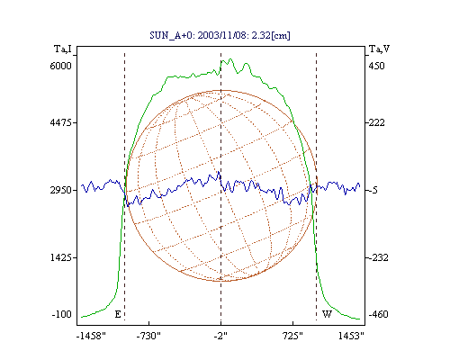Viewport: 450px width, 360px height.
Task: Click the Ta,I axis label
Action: click(x=63, y=49)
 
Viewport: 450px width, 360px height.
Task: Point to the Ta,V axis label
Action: click(x=379, y=49)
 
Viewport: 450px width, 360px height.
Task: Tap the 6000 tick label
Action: click(x=61, y=66)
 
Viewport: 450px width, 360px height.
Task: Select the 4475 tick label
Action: click(x=61, y=122)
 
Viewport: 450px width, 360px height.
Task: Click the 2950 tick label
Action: click(x=61, y=190)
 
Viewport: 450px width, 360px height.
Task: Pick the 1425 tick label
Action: click(x=61, y=257)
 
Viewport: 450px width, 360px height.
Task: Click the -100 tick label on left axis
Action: click(x=62, y=314)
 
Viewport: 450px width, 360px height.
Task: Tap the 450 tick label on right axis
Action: click(x=376, y=66)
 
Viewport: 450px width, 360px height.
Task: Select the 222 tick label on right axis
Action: click(x=376, y=122)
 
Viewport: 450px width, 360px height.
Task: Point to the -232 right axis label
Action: click(x=378, y=257)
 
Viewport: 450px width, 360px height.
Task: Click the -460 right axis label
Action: click(x=378, y=314)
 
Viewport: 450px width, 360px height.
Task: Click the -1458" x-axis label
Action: click(x=91, y=336)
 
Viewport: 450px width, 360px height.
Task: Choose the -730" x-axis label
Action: click(x=148, y=336)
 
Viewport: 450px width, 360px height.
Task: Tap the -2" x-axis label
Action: click(x=220, y=336)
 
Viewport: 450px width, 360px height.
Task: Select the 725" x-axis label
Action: click(x=292, y=336)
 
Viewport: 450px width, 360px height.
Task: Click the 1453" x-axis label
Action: click(x=351, y=336)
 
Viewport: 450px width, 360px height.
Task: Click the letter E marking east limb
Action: click(x=118, y=314)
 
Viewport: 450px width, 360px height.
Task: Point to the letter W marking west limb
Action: click(x=327, y=314)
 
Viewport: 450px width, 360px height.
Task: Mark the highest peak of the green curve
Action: click(x=230, y=59)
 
